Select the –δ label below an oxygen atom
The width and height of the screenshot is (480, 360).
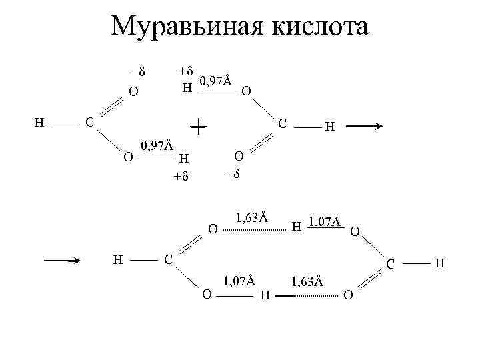click(232, 173)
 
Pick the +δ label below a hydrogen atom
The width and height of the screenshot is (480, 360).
click(181, 177)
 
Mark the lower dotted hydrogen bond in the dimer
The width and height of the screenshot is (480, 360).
click(311, 293)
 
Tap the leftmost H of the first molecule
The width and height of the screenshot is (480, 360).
click(39, 122)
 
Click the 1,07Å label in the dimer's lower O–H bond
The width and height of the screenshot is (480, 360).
click(240, 281)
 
